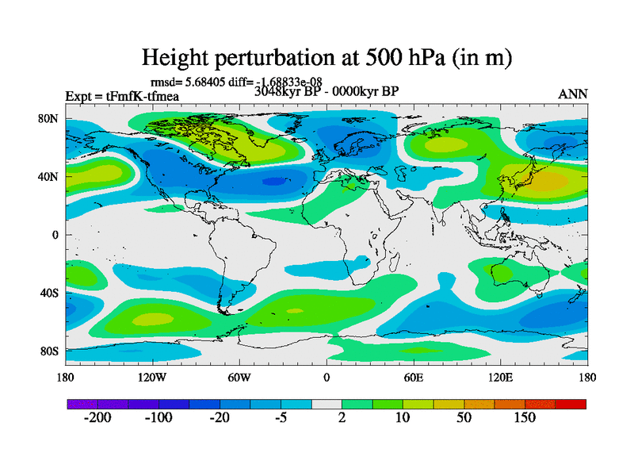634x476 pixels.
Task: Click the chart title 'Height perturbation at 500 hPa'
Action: tap(326, 58)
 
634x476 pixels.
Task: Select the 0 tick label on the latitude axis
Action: tap(56, 235)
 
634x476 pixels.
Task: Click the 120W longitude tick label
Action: tap(151, 377)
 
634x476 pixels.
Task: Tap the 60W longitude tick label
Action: tap(239, 377)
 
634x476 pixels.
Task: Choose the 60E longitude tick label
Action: tap(413, 377)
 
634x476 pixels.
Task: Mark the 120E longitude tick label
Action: tap(500, 377)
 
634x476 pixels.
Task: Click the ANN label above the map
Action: tap(573, 94)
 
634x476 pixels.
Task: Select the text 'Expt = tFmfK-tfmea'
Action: tap(122, 97)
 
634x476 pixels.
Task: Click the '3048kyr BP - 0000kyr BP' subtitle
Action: tap(326, 90)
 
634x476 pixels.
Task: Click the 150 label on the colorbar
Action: tap(525, 418)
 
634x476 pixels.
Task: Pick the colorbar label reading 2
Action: tap(342, 418)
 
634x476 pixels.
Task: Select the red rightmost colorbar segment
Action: tap(571, 404)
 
